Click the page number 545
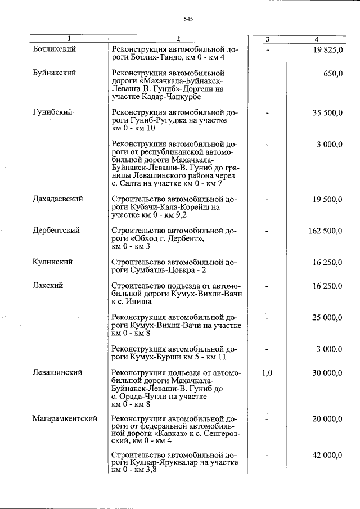(188, 19)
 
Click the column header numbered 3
(268, 39)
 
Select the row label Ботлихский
(55, 49)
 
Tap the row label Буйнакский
(55, 73)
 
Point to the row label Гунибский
(52, 112)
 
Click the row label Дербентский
(56, 231)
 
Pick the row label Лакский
(48, 286)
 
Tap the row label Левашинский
(58, 372)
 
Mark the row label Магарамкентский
(65, 419)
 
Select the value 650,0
(332, 74)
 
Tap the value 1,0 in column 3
(268, 373)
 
